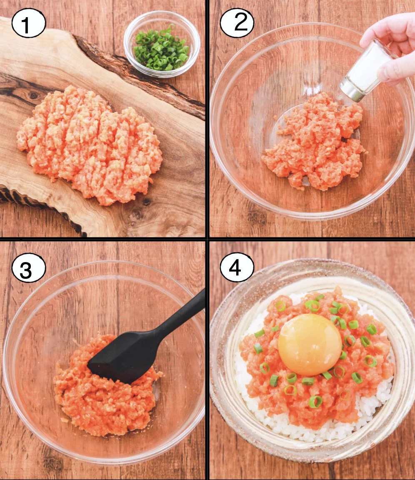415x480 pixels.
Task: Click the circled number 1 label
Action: pyautogui.click(x=27, y=24)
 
